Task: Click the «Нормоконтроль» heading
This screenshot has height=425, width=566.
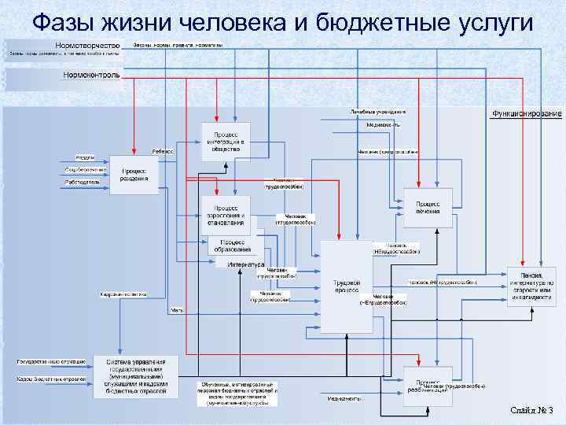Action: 91,76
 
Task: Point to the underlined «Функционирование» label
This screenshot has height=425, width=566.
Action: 527,114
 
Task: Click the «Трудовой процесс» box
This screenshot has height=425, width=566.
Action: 346,286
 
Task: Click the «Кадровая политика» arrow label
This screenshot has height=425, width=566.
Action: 123,294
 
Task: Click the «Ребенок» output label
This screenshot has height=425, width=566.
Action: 164,150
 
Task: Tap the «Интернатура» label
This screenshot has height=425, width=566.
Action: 245,264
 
